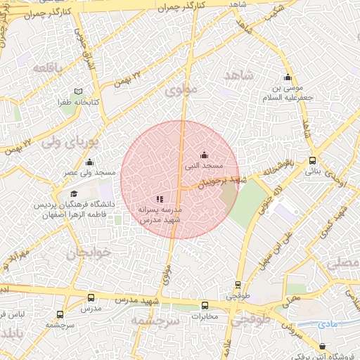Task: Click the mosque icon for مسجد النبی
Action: [205, 155]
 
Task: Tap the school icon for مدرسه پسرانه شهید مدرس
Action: [160, 200]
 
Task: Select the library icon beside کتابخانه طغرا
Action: [78, 91]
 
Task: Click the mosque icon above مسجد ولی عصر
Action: [89, 162]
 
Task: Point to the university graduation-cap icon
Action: [74, 194]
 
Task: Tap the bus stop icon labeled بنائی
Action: [313, 160]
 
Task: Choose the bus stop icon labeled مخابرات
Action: [205, 305]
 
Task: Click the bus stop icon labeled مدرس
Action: [90, 297]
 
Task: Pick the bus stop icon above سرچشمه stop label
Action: [60, 314]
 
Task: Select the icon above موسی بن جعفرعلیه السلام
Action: [286, 78]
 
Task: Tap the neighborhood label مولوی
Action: [183, 91]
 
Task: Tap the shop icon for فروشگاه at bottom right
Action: [322, 346]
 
